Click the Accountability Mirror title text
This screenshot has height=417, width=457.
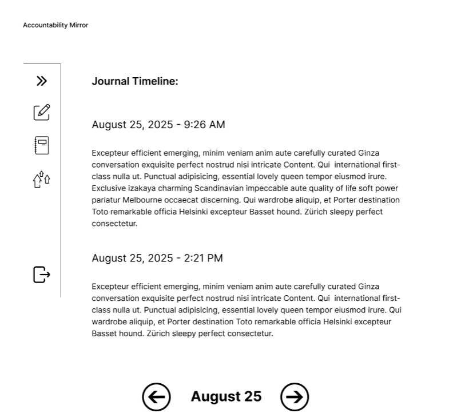(x=55, y=25)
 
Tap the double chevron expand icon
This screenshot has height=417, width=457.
(x=42, y=81)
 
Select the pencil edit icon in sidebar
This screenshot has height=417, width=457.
(x=42, y=112)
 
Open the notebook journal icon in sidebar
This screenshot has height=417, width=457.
(x=42, y=145)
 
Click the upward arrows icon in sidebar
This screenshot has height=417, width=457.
(x=42, y=180)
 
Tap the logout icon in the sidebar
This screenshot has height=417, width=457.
(x=42, y=275)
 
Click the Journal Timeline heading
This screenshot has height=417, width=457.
(x=135, y=81)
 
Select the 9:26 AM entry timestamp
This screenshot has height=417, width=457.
(x=158, y=125)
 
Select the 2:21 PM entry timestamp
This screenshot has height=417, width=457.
(x=157, y=258)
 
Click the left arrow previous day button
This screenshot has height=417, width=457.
(x=156, y=396)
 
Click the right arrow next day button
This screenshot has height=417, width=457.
(x=295, y=396)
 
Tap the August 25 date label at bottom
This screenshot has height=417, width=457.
(x=226, y=396)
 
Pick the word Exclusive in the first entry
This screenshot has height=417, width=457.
(x=109, y=188)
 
